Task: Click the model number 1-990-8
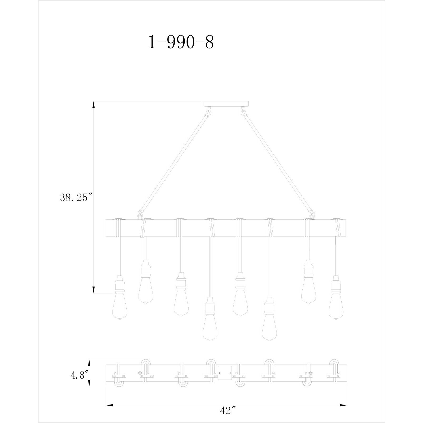181,42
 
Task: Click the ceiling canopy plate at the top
226,104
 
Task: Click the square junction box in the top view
224,373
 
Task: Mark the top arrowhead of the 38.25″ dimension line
93,105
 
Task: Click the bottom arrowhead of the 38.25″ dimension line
93,290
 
